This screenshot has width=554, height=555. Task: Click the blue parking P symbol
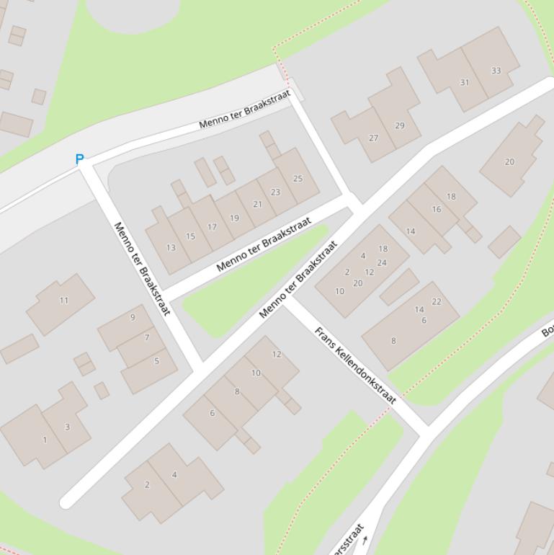click(x=79, y=159)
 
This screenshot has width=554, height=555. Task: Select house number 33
click(x=496, y=71)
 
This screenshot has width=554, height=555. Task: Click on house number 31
click(x=465, y=82)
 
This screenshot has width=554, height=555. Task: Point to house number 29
click(x=400, y=125)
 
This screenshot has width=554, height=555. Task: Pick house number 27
click(x=373, y=138)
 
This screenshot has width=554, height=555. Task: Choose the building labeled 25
click(x=298, y=178)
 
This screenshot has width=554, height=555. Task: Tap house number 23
click(x=275, y=192)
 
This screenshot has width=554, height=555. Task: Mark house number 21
click(x=257, y=204)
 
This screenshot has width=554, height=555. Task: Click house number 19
click(x=234, y=218)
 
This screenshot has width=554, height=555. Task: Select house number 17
click(x=212, y=227)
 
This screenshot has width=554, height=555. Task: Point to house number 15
click(x=190, y=236)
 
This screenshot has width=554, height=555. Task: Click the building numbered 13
click(x=171, y=247)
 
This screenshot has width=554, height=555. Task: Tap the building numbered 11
click(x=64, y=301)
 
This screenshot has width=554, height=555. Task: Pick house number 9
click(x=133, y=317)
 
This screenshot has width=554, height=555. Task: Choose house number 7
click(x=147, y=337)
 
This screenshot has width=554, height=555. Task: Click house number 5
click(x=156, y=361)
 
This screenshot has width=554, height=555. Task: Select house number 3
click(x=67, y=427)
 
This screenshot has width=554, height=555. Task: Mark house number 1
click(x=45, y=440)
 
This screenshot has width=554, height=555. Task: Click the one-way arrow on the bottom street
click(x=365, y=540)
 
